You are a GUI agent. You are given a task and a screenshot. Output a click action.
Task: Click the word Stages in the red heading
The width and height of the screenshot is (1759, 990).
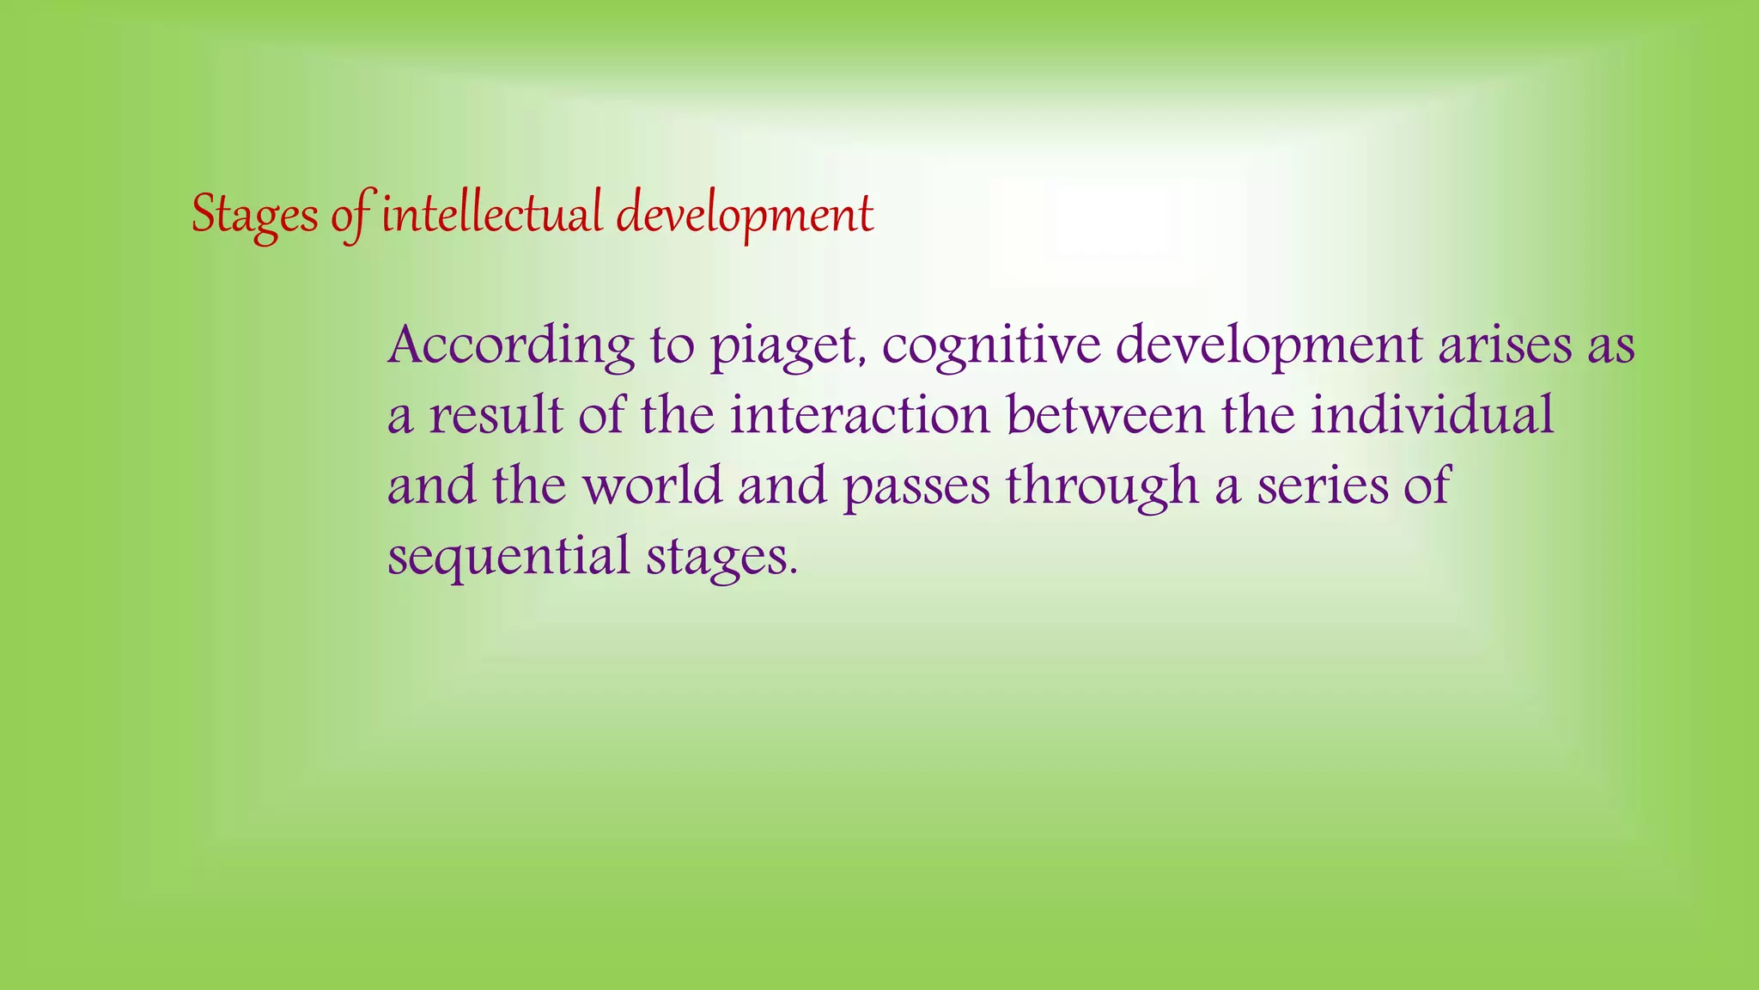click(x=254, y=215)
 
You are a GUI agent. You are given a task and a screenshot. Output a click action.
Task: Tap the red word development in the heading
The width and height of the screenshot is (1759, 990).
click(x=745, y=215)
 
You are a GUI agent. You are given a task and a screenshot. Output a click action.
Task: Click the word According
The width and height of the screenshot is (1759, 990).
click(x=511, y=345)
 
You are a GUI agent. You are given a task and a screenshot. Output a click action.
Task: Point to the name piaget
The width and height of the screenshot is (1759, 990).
click(x=783, y=347)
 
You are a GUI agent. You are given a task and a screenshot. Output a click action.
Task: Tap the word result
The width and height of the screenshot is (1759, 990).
click(x=496, y=416)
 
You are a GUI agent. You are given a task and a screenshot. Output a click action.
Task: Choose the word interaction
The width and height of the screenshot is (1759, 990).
click(x=860, y=416)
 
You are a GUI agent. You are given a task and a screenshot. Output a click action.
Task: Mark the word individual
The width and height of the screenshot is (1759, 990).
click(x=1432, y=416)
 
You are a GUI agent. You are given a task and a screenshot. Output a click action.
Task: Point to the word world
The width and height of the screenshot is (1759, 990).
click(x=653, y=486)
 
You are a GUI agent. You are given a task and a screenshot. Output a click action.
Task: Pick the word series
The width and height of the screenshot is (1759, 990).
click(x=1323, y=486)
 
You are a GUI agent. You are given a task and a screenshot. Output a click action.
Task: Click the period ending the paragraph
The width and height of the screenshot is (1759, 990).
click(x=793, y=571)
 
